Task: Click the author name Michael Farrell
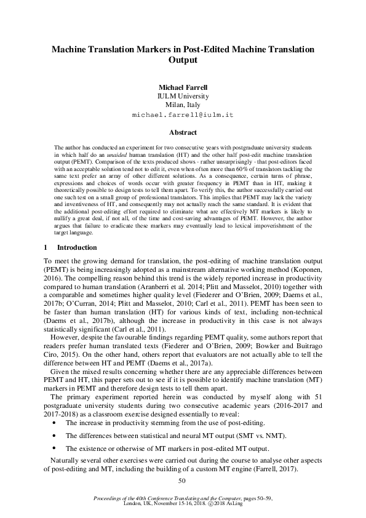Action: (183, 86)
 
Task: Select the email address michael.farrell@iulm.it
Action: (183, 115)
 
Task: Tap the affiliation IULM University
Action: (183, 96)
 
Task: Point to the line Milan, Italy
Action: (183, 105)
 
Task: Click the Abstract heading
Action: (183, 132)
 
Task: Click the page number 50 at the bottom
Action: (181, 480)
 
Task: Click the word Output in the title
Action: (183, 60)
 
